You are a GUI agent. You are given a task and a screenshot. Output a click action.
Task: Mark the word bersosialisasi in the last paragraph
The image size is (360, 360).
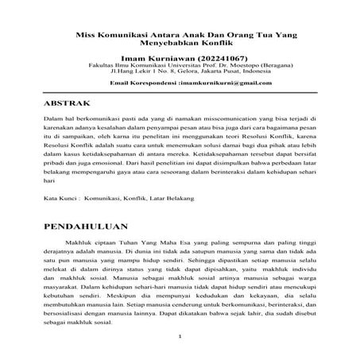coord(66,312)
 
